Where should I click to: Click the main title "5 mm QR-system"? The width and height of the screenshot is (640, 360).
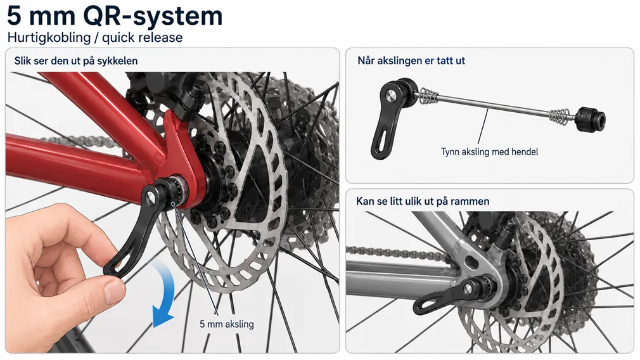click(x=115, y=16)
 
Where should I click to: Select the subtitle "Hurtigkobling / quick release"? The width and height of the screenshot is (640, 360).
click(x=95, y=37)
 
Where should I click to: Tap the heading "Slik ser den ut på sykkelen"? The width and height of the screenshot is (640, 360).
click(x=76, y=61)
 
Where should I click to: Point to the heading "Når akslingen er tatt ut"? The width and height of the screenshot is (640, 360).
click(x=411, y=61)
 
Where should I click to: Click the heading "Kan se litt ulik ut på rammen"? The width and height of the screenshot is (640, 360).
click(x=423, y=201)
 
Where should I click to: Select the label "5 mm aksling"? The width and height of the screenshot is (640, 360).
click(x=226, y=324)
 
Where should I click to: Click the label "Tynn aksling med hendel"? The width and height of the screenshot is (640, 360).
click(x=489, y=152)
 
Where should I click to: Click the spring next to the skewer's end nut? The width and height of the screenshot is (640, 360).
click(x=560, y=117)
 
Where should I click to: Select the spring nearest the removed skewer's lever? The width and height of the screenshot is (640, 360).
click(x=428, y=98)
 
